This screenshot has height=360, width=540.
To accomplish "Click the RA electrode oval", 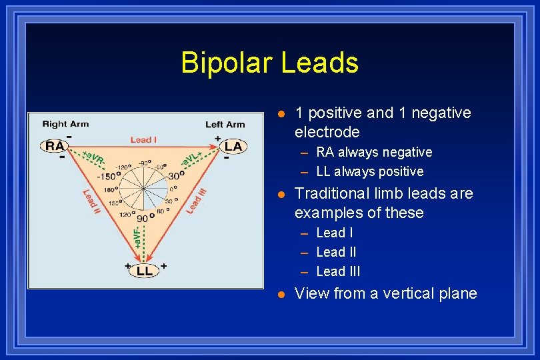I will click(55, 146).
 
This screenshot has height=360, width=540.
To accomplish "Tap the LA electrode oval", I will click(233, 146).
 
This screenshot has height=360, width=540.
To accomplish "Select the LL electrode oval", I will click(144, 271).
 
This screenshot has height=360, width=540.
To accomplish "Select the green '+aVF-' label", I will click(137, 237).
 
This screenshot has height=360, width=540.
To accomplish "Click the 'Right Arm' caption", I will click(65, 124).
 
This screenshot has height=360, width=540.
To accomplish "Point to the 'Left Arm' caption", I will click(225, 124).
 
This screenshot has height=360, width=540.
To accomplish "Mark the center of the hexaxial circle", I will click(143, 187).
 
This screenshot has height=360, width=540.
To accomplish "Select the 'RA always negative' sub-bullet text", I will click(374, 152).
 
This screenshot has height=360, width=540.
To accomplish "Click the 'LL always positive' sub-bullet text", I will click(370, 171).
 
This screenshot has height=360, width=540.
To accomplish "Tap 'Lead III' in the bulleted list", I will click(338, 271).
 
